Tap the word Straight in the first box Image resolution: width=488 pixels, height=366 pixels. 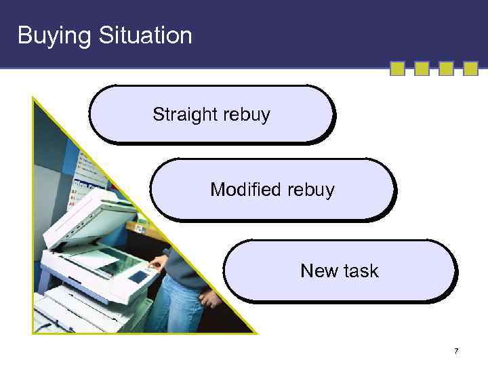[x=182, y=115]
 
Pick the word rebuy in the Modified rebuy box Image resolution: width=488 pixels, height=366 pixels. [x=311, y=190]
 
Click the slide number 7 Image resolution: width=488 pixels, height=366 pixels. [x=456, y=351]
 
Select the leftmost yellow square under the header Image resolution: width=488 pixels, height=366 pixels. [x=397, y=69]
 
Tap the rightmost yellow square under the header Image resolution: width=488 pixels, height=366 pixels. [x=470, y=69]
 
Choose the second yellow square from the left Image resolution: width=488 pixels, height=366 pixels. [x=422, y=69]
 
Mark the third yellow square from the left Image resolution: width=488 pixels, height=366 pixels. [x=446, y=69]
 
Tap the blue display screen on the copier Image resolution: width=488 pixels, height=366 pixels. [x=138, y=277]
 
